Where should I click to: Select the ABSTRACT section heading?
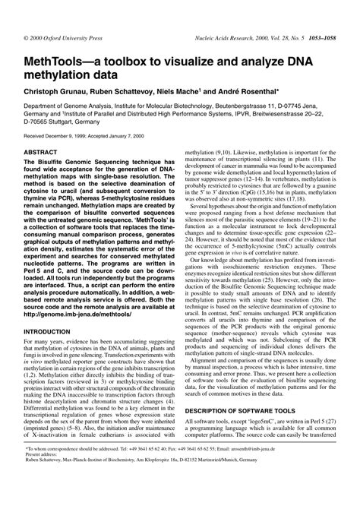(46, 152)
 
